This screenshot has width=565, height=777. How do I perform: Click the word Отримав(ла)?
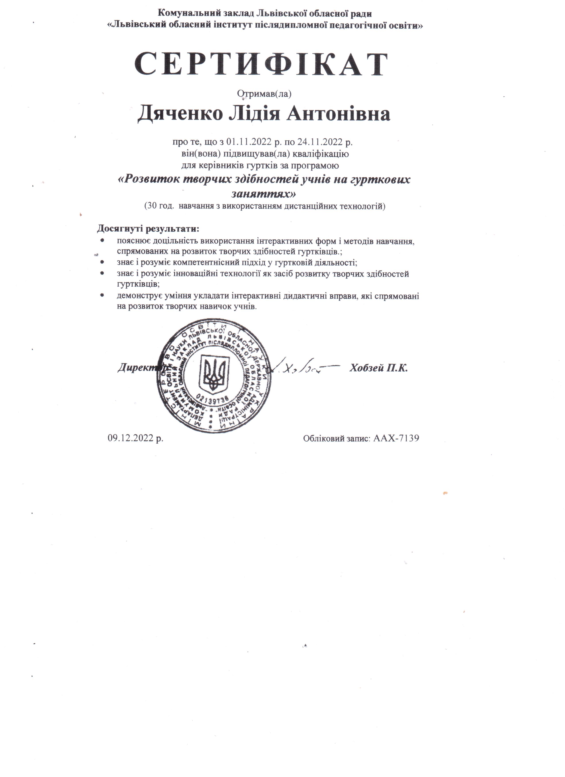[x=264, y=93]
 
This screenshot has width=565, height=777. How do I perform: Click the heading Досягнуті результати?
[x=148, y=228]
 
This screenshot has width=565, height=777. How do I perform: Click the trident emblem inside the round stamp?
[x=213, y=373]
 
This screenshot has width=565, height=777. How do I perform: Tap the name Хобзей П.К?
[x=378, y=368]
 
